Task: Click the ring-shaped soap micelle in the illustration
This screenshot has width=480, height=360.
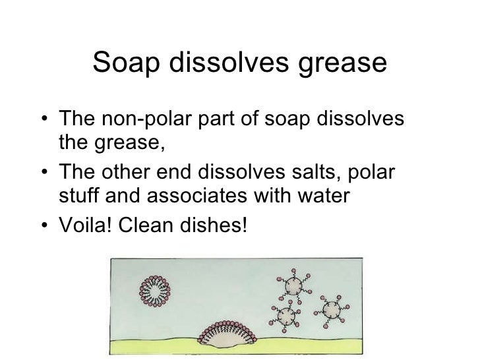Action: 157,288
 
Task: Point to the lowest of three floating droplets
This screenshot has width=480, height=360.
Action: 285,316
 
